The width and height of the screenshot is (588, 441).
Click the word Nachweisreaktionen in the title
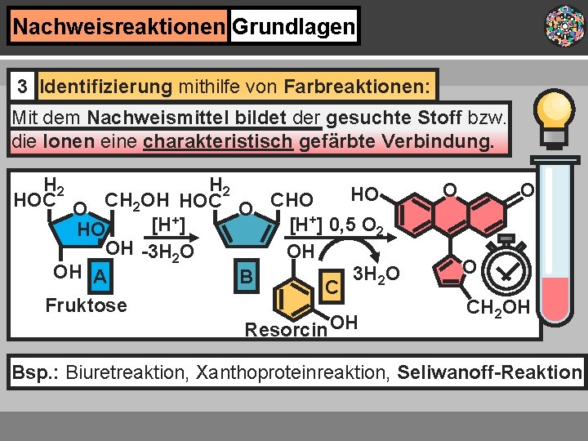119,28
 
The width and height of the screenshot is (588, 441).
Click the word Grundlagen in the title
294,28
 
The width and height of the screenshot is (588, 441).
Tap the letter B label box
246,276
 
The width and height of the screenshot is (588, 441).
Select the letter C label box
332,287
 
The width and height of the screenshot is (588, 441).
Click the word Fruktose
87,305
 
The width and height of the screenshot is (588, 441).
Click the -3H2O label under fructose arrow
167,252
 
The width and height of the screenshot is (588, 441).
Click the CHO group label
292,199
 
